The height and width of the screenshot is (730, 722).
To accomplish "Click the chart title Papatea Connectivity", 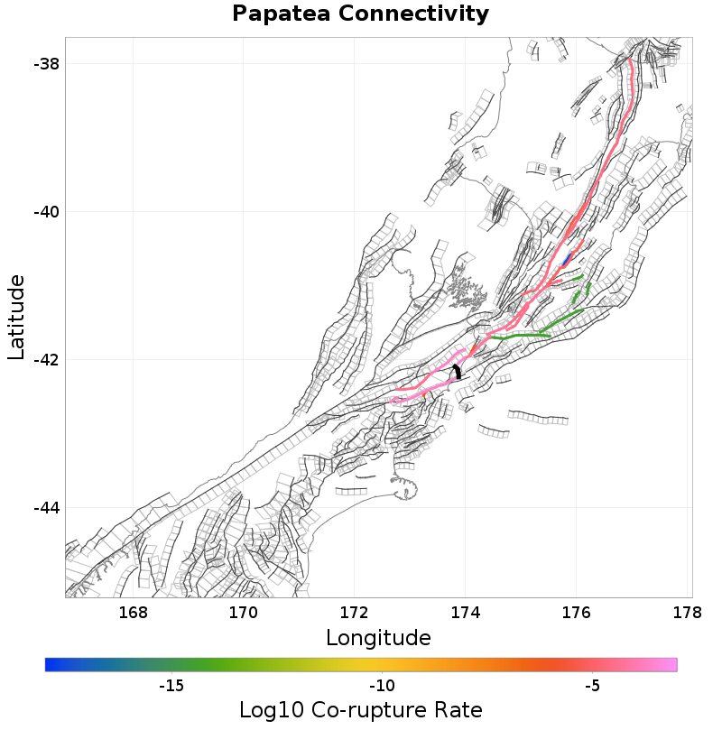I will (x=360, y=14).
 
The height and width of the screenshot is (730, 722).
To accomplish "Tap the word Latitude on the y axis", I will (x=16, y=318).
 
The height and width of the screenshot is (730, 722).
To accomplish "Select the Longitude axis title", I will (x=378, y=638).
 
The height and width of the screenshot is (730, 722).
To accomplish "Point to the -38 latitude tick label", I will (x=47, y=64).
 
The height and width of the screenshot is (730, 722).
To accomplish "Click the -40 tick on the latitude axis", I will (x=47, y=212).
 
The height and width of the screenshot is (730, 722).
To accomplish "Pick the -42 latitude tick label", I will (x=47, y=360).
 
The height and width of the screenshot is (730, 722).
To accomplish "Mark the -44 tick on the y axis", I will (x=47, y=508).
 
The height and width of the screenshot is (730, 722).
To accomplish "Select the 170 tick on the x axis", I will (x=244, y=614).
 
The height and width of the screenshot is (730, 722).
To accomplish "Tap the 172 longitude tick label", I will (x=355, y=614).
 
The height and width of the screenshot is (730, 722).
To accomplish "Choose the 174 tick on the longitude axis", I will (x=466, y=614).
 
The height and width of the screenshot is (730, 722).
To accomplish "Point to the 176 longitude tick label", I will (x=577, y=614).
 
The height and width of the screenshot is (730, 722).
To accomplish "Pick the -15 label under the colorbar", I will (x=171, y=686).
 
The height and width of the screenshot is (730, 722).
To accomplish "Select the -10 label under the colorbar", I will (x=382, y=686).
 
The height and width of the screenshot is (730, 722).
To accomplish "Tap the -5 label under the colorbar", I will (x=592, y=686).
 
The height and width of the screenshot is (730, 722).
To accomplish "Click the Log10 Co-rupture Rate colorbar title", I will (x=360, y=709).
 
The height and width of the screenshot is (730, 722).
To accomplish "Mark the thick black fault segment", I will (x=458, y=371).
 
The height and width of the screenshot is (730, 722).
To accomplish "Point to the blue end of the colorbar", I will (x=51, y=665).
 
